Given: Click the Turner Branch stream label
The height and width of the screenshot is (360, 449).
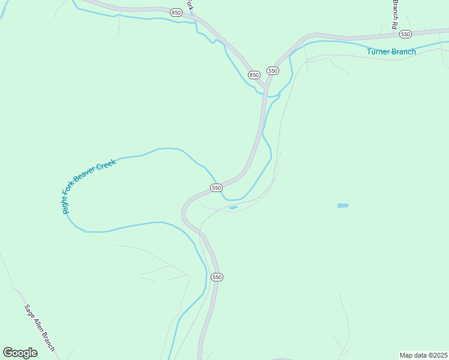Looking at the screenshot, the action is [391, 52].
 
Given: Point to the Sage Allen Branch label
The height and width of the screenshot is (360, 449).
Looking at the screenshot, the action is [39, 328].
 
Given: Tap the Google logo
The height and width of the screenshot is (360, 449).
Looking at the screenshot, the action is [20, 352].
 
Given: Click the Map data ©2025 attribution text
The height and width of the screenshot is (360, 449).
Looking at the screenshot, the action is [423, 355].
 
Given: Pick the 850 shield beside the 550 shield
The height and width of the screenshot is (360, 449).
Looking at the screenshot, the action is [254, 75].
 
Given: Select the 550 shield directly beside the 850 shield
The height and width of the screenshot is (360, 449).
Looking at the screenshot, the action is [273, 71].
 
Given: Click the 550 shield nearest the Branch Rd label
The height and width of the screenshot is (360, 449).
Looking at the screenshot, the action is [405, 34].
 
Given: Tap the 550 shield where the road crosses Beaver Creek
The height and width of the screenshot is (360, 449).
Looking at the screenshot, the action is [217, 188].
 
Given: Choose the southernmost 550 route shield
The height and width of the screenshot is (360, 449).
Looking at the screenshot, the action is [217, 277].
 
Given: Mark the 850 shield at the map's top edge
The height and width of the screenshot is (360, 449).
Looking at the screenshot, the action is [176, 12].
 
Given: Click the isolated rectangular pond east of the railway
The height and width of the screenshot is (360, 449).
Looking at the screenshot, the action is [342, 206].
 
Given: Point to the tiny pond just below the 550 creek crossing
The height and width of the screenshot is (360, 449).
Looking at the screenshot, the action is [233, 208].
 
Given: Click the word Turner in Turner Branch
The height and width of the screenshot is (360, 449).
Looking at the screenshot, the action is [379, 52].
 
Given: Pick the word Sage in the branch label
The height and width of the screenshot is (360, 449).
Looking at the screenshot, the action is [29, 311].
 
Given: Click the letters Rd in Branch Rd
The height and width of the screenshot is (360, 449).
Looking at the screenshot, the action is [395, 25].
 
